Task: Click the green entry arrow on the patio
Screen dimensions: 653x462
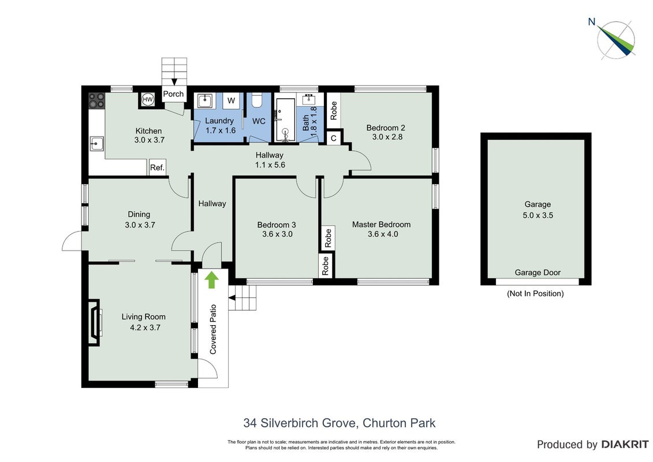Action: coord(211,280)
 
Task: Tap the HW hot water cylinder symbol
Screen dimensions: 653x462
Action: coord(147,99)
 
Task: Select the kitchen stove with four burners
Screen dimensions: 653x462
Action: coord(96,100)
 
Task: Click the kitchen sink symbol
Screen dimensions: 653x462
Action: coord(96,144)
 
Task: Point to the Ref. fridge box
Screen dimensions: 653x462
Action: coord(158,167)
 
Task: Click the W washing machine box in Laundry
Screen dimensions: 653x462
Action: coord(231,100)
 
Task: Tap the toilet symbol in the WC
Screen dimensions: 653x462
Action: coord(256,99)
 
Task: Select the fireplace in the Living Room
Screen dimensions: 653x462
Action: coord(95,322)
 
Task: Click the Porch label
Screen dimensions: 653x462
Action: coord(173,94)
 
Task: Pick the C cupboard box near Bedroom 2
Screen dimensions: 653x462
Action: coord(334,138)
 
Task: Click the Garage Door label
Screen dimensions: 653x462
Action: coord(538,273)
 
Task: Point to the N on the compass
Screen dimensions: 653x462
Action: coord(591,22)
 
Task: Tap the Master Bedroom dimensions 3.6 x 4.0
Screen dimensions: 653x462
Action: coord(383,234)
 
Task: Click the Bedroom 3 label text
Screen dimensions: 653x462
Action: coord(277,225)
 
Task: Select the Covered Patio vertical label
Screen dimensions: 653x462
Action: coord(213,330)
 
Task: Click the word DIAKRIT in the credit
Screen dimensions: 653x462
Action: coord(625,445)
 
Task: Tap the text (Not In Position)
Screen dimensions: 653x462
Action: coord(535,293)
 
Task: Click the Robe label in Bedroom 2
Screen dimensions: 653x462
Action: coord(333,110)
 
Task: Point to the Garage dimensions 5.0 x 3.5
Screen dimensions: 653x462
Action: coord(538,215)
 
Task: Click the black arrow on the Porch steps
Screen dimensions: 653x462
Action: coord(174,81)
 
